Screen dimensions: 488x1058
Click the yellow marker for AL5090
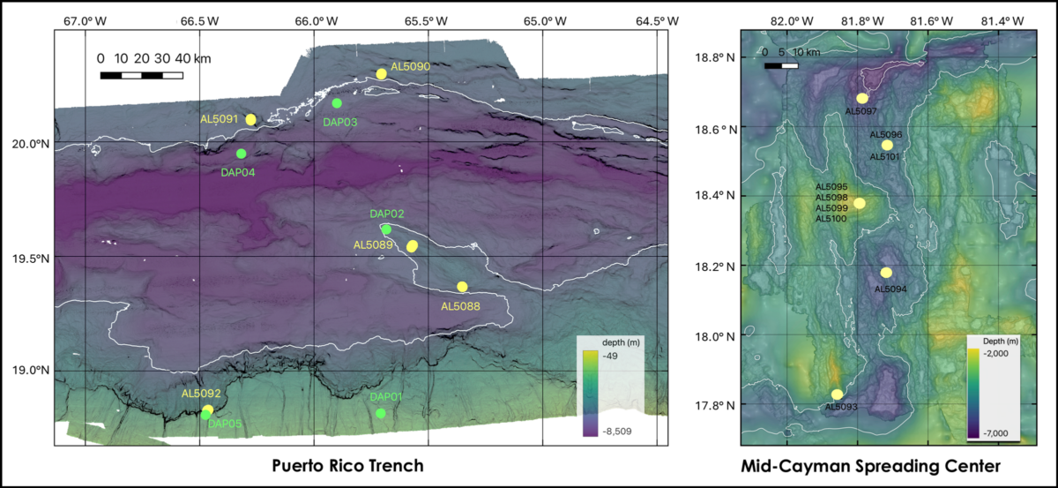coord(382,74)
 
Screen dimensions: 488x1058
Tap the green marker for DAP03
coord(337,103)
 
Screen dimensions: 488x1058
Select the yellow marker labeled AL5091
coord(251,119)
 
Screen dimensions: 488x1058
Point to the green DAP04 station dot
coord(242,154)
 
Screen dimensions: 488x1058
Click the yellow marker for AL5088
coord(462,287)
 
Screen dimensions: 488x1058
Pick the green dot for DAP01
coord(381,413)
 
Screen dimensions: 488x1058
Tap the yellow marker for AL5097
coord(862,98)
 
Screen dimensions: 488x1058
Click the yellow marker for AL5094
coord(886,273)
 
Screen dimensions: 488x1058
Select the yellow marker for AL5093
coord(837,394)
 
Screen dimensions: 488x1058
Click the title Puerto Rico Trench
coord(347,465)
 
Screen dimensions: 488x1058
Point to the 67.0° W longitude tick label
coord(85,20)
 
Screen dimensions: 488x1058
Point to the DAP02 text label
coord(386,214)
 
